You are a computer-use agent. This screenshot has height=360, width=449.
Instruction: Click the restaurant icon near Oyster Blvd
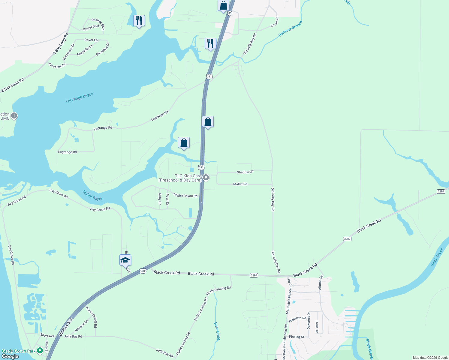139,21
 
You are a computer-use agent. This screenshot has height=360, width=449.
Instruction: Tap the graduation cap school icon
125,260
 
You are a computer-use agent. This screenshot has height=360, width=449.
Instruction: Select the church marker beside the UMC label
14,116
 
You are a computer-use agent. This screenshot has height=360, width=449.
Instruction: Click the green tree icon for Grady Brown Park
40,351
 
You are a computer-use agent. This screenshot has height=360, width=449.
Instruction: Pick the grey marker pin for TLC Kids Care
206,178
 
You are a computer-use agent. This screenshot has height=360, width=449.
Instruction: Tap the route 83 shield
230,13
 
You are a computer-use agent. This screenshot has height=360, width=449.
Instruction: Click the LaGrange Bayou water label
80,98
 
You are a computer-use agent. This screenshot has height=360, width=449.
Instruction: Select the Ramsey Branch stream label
290,29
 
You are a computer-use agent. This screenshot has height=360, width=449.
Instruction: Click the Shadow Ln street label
245,172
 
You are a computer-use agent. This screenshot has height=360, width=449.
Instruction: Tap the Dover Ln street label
91,40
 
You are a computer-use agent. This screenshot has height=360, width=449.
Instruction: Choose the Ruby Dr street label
160,199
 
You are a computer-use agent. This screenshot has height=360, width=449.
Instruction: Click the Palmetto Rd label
297,319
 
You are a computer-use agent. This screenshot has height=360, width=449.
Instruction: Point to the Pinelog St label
297,337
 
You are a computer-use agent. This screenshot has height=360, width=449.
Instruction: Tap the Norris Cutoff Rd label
92,316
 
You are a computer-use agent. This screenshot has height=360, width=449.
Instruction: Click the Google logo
10,356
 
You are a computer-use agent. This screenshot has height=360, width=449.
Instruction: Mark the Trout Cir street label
317,326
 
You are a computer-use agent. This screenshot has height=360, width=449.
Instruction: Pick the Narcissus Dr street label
68,52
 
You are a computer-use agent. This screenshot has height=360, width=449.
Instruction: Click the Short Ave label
47,335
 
